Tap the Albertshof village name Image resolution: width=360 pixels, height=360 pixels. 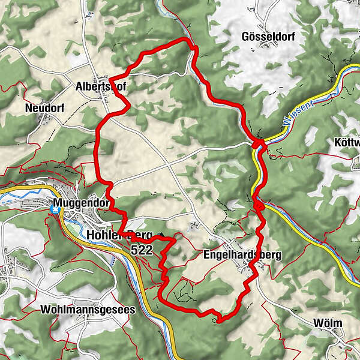100,86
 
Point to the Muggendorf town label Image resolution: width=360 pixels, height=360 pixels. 81,203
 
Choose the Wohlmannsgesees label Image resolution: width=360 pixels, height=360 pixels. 88,310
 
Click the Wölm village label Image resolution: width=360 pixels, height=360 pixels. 328,323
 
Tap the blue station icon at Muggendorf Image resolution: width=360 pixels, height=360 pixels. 56,209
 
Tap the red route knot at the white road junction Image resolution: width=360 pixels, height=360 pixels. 258,143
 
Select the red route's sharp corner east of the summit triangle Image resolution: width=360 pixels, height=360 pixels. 175,239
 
